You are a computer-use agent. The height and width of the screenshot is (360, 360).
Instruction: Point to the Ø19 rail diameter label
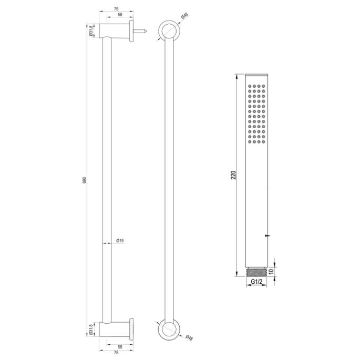pyautogui.click(x=119, y=241)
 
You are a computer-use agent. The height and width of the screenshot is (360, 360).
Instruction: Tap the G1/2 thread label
pyautogui.click(x=256, y=282)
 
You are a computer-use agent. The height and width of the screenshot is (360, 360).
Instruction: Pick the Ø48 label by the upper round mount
pyautogui.click(x=184, y=17)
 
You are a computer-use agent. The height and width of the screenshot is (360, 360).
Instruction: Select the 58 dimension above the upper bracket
pyautogui.click(x=120, y=16)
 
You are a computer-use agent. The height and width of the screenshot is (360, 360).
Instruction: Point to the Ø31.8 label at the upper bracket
pyautogui.click(x=91, y=31)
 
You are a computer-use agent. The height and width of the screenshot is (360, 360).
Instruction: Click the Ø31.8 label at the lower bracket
pyautogui.click(x=91, y=329)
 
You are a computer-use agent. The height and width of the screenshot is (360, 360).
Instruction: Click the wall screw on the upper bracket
pyautogui.click(x=142, y=31)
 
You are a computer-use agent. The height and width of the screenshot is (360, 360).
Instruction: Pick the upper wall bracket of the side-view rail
pyautogui.click(x=118, y=31)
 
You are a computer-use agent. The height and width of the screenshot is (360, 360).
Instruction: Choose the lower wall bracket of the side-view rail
pyautogui.click(x=118, y=328)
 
